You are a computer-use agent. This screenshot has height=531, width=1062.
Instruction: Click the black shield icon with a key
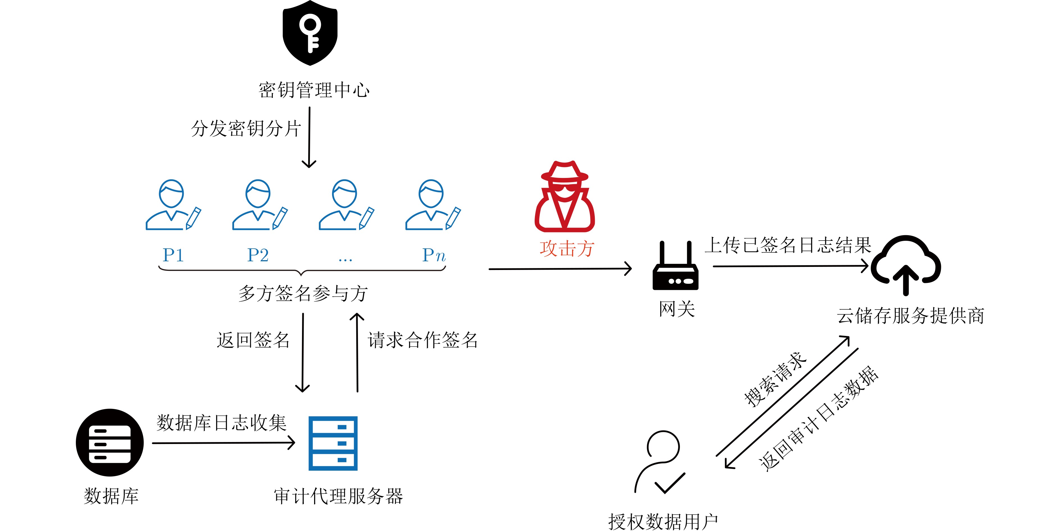pos(310,33)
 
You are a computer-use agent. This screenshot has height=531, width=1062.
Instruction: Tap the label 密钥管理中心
pos(314,90)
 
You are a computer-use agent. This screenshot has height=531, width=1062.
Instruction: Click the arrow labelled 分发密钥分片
pos(309,138)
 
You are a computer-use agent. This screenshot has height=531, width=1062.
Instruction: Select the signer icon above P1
pos(173,205)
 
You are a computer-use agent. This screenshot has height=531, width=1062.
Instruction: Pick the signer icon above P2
pos(260,205)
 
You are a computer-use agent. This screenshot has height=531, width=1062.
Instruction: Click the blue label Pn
pos(434,255)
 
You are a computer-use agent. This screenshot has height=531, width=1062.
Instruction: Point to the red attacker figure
pos(564,196)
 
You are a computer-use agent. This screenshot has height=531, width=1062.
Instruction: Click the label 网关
pos(677,309)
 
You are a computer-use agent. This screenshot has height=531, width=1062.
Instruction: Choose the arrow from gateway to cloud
pos(791,266)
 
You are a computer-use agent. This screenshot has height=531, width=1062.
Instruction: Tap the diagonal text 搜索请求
pos(775,379)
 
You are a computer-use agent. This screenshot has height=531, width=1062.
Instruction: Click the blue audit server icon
pos(333,443)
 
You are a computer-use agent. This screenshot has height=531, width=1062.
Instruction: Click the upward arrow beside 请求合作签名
pos(357,353)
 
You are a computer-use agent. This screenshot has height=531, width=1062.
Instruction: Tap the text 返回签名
pos(253,340)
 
